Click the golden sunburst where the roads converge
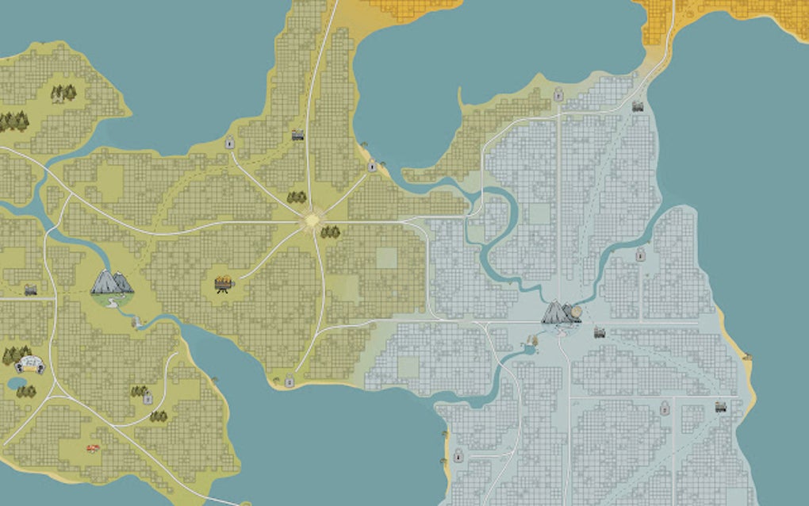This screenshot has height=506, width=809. point(312,220)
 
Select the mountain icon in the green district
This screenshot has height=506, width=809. point(112,282)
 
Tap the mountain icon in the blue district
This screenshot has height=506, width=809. point(558,312)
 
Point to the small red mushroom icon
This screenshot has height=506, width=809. point(93,448)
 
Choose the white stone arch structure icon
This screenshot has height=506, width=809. point(30,364)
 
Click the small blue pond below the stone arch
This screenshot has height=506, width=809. point(15,384)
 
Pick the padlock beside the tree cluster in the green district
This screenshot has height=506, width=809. point(148,399)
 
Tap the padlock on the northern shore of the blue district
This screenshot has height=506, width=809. point(558,95)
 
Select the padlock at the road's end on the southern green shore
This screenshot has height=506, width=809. point(289,381)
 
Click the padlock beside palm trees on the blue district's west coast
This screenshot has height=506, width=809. point(458,456)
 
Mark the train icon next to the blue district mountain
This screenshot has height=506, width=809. point(600,332)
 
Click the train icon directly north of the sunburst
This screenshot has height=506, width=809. point(297,135)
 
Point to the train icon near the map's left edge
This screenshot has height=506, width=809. point(30,290)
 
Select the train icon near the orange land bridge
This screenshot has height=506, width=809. point(637,105)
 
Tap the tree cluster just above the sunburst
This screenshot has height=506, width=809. point(297,197)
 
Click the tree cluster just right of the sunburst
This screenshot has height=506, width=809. point(330,232)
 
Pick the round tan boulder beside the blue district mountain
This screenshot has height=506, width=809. point(577,311)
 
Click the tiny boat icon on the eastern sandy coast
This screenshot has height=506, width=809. point(746,358)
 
